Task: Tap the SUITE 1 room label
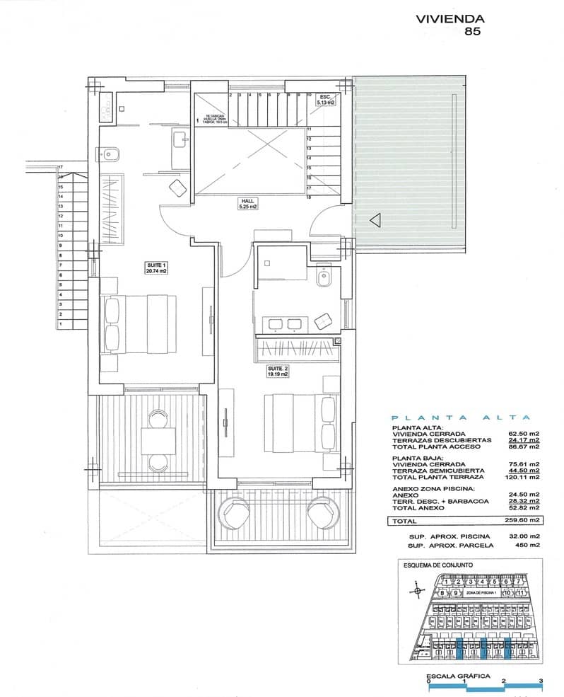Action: pos(156,267)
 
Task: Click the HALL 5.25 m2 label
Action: pos(248,205)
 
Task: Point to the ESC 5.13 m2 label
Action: pos(325,100)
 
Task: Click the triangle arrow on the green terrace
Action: pos(375,220)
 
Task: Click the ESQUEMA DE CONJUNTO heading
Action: pos(438,565)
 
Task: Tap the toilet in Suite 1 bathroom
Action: pos(114,151)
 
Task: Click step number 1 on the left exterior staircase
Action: pos(61,323)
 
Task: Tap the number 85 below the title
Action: pos(472,31)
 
